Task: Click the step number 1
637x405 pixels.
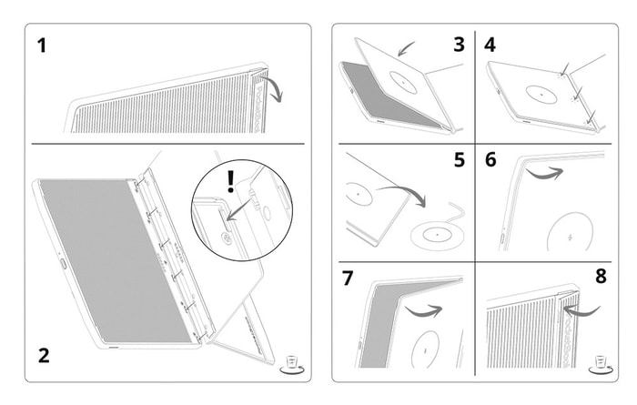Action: click(42, 46)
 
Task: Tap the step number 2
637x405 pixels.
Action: click(44, 355)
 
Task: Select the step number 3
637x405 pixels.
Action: click(459, 44)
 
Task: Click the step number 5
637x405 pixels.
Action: click(459, 160)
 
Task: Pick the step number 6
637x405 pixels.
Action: click(490, 160)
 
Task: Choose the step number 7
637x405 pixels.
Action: click(348, 278)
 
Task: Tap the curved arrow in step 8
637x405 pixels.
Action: click(582, 312)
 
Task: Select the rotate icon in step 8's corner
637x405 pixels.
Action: click(600, 364)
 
